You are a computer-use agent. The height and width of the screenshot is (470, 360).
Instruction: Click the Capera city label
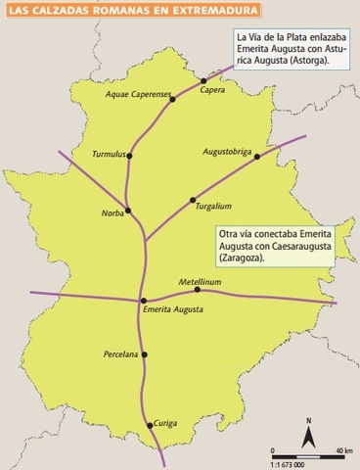tap(212, 90)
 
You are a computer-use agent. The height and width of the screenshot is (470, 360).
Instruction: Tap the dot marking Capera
tap(203, 81)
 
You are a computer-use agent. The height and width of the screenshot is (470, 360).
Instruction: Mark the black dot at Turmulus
tap(129, 156)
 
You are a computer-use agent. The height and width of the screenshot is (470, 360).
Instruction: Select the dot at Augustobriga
tap(257, 156)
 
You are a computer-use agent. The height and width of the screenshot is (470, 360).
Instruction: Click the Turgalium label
tap(212, 208)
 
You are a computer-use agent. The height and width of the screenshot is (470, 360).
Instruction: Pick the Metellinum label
tap(199, 281)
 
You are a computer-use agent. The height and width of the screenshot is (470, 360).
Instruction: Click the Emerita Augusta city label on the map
tap(173, 309)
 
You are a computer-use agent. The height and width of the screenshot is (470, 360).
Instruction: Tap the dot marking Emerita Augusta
tap(144, 301)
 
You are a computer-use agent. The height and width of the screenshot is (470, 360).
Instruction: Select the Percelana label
tap(122, 354)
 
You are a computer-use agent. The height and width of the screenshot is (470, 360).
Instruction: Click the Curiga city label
tap(167, 424)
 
